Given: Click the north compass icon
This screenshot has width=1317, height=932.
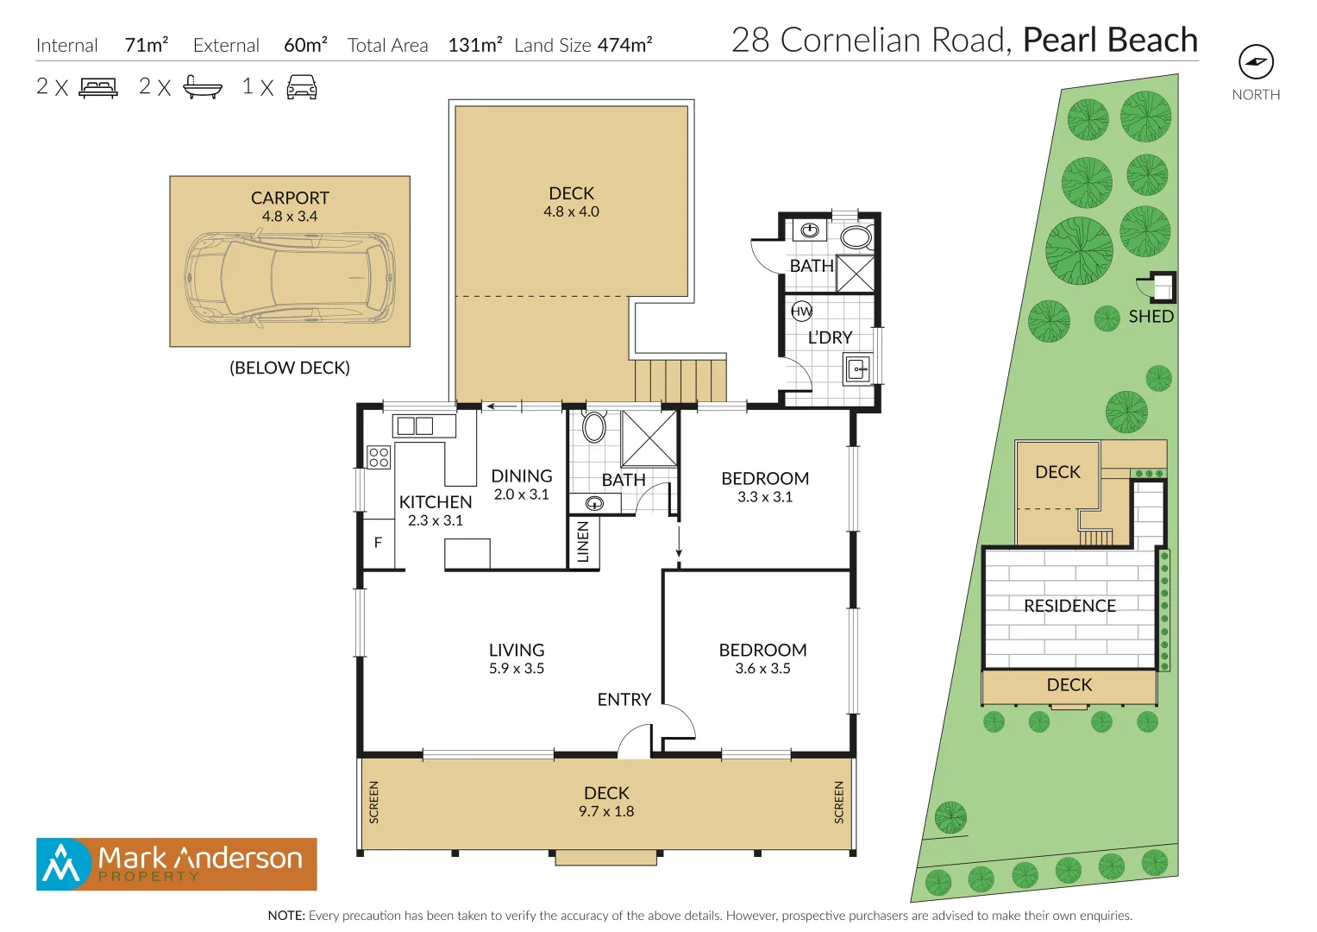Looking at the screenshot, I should pos(1256,62).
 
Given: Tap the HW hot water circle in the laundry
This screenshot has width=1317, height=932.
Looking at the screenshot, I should pos(801,311).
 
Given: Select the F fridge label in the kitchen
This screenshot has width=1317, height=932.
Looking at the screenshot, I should pos(378,543).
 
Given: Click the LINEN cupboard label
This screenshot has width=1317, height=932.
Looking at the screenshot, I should pos(583,542).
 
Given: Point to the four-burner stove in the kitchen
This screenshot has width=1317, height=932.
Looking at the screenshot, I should pos(379,457).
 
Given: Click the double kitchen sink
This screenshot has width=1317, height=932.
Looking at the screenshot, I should pos(415,425).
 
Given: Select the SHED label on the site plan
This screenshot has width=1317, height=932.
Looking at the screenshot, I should pos(1151,317).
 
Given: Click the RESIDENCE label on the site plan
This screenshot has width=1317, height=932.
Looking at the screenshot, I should pos(1069,606).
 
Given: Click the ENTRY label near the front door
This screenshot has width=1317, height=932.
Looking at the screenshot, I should pos(624,699).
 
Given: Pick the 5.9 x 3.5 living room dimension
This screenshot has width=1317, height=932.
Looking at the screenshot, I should pos(517,669).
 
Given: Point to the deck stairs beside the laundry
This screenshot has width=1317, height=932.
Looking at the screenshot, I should pos(680,380).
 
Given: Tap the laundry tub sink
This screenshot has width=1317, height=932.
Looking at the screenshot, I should pos(858,369).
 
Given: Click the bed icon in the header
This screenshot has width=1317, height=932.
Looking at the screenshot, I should pos(98,87).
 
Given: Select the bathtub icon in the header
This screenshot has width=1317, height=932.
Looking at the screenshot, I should pos(203,87).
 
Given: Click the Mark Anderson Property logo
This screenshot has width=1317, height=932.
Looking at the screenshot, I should pos(177,864).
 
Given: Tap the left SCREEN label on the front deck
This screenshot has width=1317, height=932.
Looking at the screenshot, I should pos(373,802).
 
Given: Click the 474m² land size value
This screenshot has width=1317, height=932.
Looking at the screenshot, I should pos(624,45).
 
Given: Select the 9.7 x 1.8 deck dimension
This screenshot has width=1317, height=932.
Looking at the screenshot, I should pos(606,811).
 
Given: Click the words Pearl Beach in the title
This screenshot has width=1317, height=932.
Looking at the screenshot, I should pos(1110,41).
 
